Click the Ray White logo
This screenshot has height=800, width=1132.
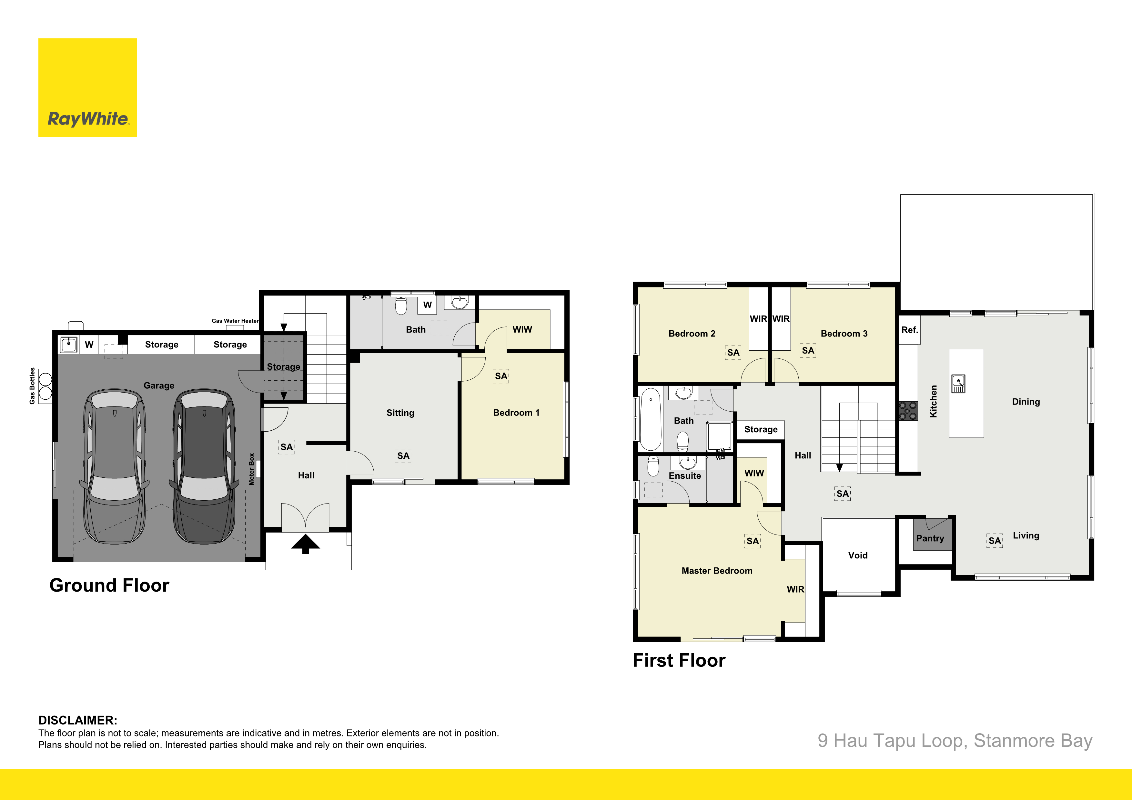point(88,88)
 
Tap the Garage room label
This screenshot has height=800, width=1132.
point(159,385)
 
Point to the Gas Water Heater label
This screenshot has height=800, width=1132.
point(235,321)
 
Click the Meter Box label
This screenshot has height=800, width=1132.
point(251,469)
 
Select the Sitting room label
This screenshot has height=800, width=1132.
point(400,413)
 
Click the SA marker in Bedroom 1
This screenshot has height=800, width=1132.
point(501,376)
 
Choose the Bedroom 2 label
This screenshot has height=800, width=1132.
point(692,334)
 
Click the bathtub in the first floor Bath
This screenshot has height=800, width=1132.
point(651,419)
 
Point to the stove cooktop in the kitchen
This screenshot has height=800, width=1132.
point(908,411)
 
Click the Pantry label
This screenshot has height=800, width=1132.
point(930,538)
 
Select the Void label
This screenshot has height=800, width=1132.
point(858,555)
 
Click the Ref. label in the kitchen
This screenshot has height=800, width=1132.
point(910,330)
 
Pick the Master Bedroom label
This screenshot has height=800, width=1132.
point(717,571)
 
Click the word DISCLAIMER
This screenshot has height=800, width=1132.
point(78,720)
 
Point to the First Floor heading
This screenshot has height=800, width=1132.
point(679,661)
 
